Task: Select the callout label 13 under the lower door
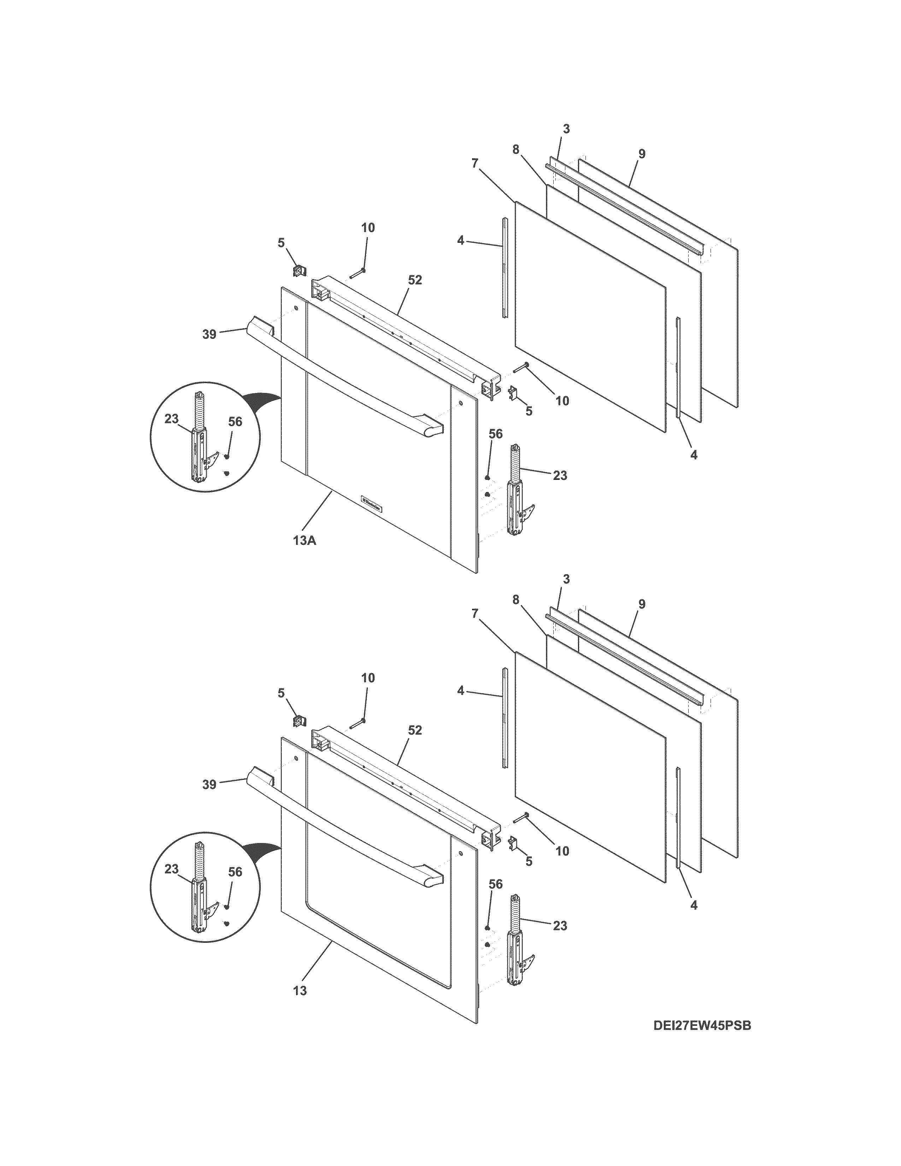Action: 300,991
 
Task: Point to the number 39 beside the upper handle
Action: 209,334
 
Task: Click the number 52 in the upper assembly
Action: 415,280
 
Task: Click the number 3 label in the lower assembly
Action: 566,579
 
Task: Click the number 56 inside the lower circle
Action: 235,872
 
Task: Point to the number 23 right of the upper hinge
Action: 560,475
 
